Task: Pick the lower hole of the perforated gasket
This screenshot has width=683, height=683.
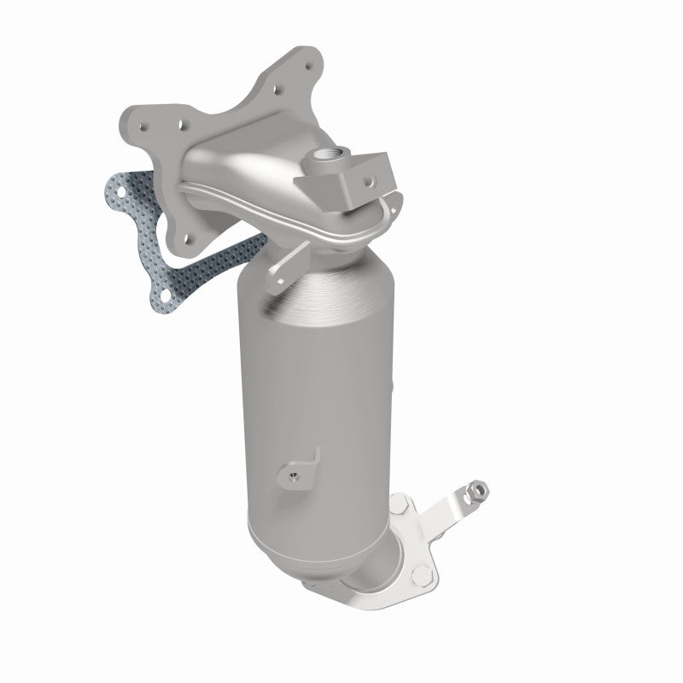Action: pyautogui.click(x=157, y=296)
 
